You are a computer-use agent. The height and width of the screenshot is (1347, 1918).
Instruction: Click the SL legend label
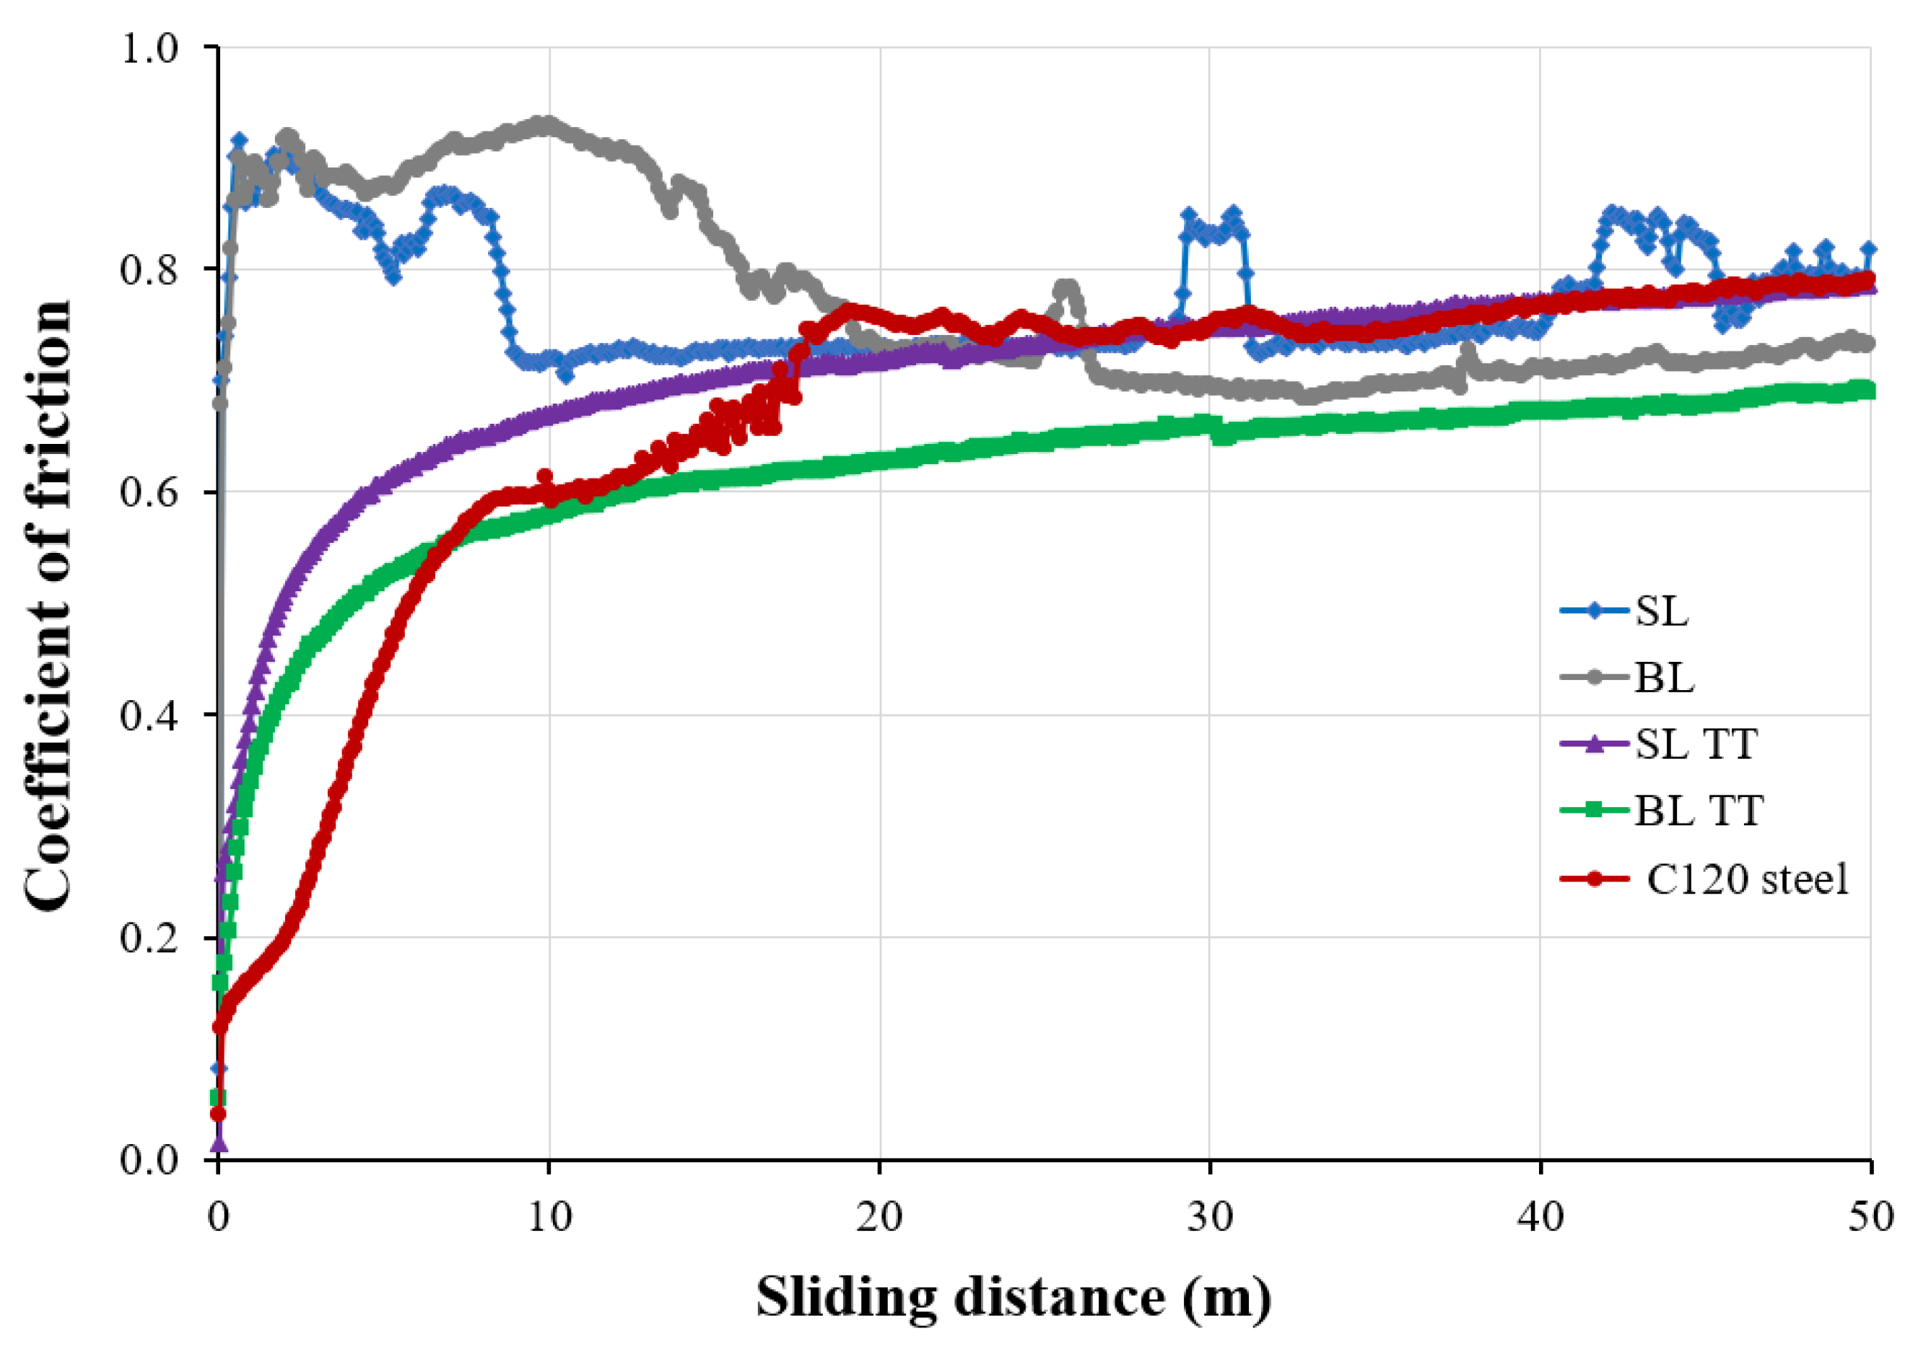(x=1661, y=611)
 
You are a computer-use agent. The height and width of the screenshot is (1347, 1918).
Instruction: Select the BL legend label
(x=1664, y=678)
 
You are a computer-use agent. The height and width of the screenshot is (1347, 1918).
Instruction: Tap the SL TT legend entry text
(x=1696, y=744)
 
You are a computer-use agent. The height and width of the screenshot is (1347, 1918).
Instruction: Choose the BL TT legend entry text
(x=1699, y=810)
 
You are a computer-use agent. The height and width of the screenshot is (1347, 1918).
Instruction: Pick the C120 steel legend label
(x=1748, y=879)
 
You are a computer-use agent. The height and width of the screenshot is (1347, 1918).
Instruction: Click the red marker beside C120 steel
(x=1594, y=879)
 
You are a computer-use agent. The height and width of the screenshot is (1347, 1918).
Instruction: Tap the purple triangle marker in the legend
(x=1594, y=744)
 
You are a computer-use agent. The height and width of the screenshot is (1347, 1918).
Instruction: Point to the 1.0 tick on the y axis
(x=150, y=48)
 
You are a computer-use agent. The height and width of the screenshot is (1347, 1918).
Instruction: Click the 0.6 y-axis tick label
(x=150, y=492)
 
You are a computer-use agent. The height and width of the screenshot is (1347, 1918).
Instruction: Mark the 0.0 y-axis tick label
(x=150, y=1160)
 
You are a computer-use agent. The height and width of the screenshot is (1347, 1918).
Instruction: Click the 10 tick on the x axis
(x=549, y=1218)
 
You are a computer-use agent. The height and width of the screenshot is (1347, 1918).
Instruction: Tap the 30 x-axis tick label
(x=1210, y=1218)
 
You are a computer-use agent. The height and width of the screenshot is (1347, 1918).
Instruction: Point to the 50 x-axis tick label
(x=1870, y=1218)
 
